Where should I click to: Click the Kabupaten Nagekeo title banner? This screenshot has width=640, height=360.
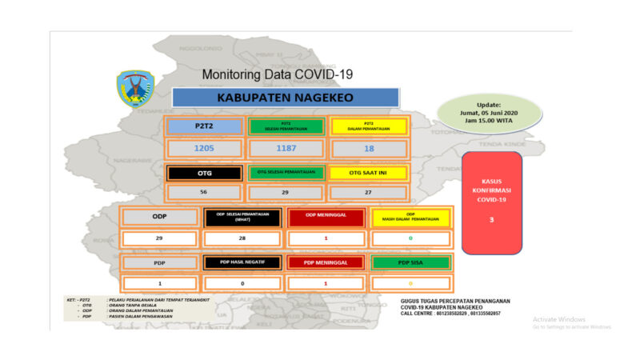coord(286,97)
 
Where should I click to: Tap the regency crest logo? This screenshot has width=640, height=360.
coord(136,88)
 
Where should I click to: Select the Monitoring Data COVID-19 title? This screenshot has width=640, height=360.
coord(278,74)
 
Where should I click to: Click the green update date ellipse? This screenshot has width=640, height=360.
coord(490,113)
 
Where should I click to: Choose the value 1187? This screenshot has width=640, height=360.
coord(286,149)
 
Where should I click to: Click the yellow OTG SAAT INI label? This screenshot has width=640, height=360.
coord(368,172)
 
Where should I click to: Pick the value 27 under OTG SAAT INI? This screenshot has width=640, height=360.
coord(368,193)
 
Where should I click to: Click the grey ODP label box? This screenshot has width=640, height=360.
coord(159,217)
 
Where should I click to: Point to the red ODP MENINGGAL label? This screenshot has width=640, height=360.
coord(326,217)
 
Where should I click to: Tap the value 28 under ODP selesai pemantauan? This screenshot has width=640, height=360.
coord(242,238)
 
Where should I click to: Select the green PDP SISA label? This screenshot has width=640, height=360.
coord(410,262)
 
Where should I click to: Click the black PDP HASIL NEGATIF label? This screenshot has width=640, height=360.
coord(242,262)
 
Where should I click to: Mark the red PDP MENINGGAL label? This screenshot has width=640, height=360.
coord(326,262)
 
